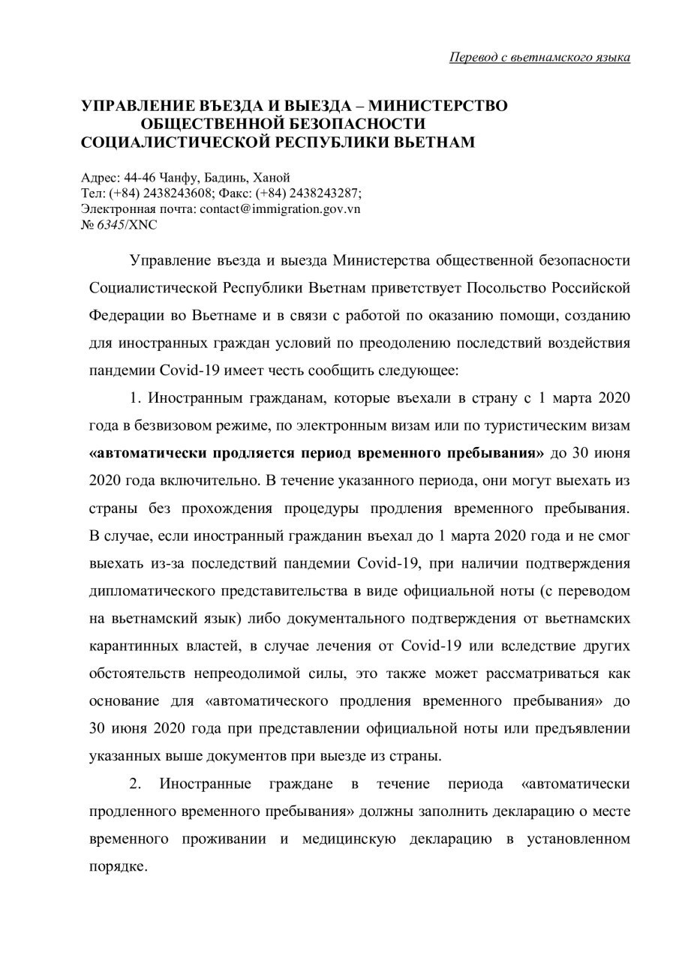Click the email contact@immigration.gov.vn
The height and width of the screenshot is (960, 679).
tap(280, 208)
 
